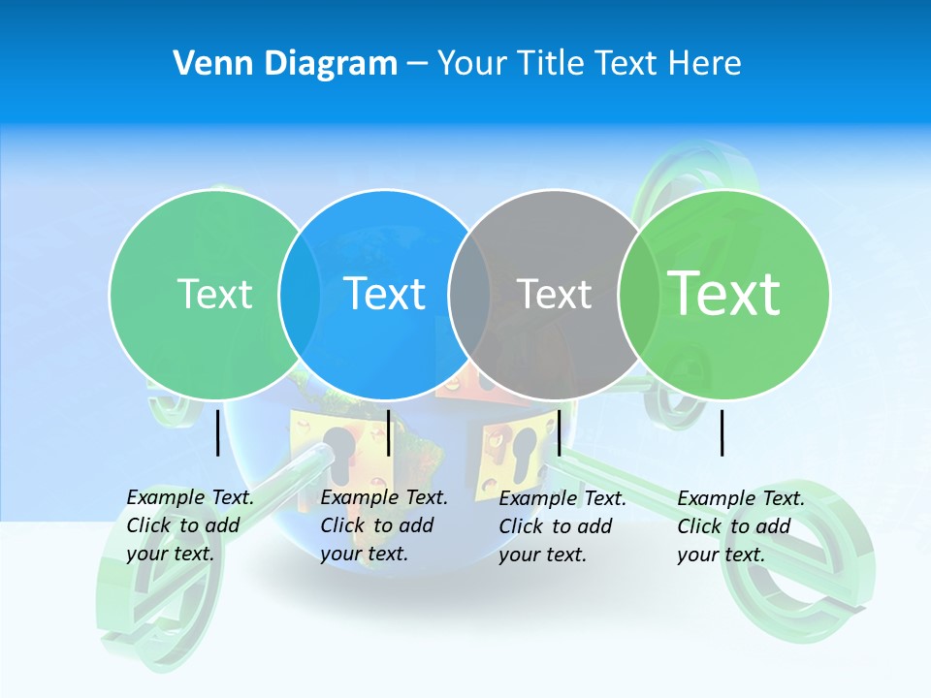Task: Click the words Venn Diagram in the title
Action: (x=285, y=63)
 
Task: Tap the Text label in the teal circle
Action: (x=214, y=294)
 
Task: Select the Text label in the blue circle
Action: (x=385, y=294)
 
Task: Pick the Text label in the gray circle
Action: (x=554, y=294)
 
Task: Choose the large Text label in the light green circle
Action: (x=724, y=294)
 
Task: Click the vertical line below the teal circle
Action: (x=217, y=432)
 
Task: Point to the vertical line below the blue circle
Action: (x=388, y=432)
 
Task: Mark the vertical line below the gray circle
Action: (x=559, y=432)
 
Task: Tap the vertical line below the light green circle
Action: (x=722, y=432)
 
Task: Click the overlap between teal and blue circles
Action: (x=300, y=295)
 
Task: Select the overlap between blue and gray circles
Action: (x=469, y=295)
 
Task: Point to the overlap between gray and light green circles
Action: (x=634, y=295)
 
